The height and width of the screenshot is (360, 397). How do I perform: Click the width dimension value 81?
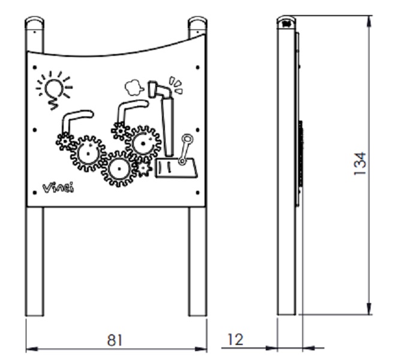[115, 340]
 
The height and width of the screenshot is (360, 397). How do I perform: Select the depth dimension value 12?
[236, 340]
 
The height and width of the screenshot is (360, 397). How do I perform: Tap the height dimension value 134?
[360, 163]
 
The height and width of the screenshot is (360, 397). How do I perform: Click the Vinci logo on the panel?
[59, 188]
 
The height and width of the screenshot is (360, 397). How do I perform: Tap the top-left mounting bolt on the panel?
[35, 67]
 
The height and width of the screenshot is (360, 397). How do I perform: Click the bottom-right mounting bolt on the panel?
[198, 193]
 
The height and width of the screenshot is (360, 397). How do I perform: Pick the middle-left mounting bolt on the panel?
[35, 130]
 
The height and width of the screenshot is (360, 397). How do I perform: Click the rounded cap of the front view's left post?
[34, 23]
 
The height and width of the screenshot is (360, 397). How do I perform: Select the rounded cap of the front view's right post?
[197, 23]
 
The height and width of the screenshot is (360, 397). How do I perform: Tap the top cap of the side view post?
[286, 22]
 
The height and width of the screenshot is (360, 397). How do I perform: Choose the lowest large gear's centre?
[119, 169]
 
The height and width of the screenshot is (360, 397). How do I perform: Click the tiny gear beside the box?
[143, 168]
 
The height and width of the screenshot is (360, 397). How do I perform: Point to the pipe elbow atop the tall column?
[160, 89]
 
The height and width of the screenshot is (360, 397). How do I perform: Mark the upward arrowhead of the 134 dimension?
[369, 21]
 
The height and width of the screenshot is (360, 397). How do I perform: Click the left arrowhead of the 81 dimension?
[32, 349]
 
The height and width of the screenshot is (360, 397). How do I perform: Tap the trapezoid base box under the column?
[176, 168]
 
